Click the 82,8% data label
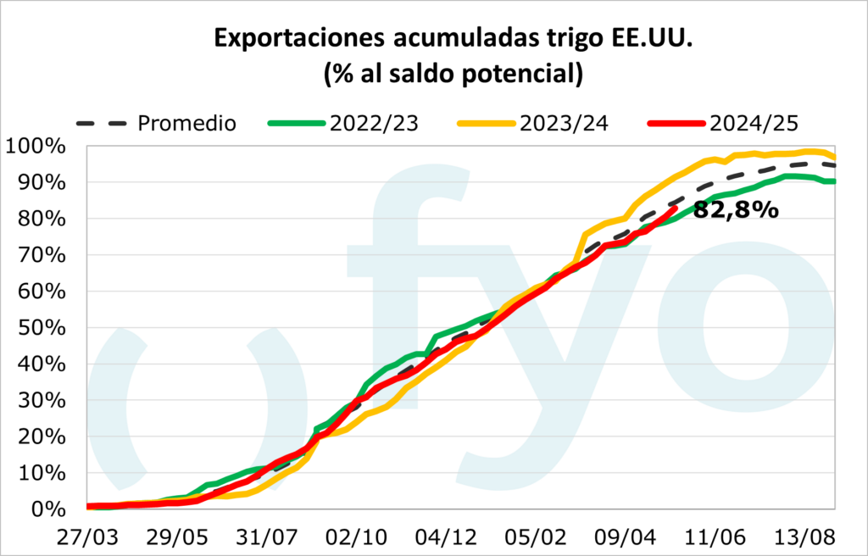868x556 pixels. pyautogui.click(x=736, y=209)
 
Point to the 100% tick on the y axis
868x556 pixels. pyautogui.click(x=36, y=146)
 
